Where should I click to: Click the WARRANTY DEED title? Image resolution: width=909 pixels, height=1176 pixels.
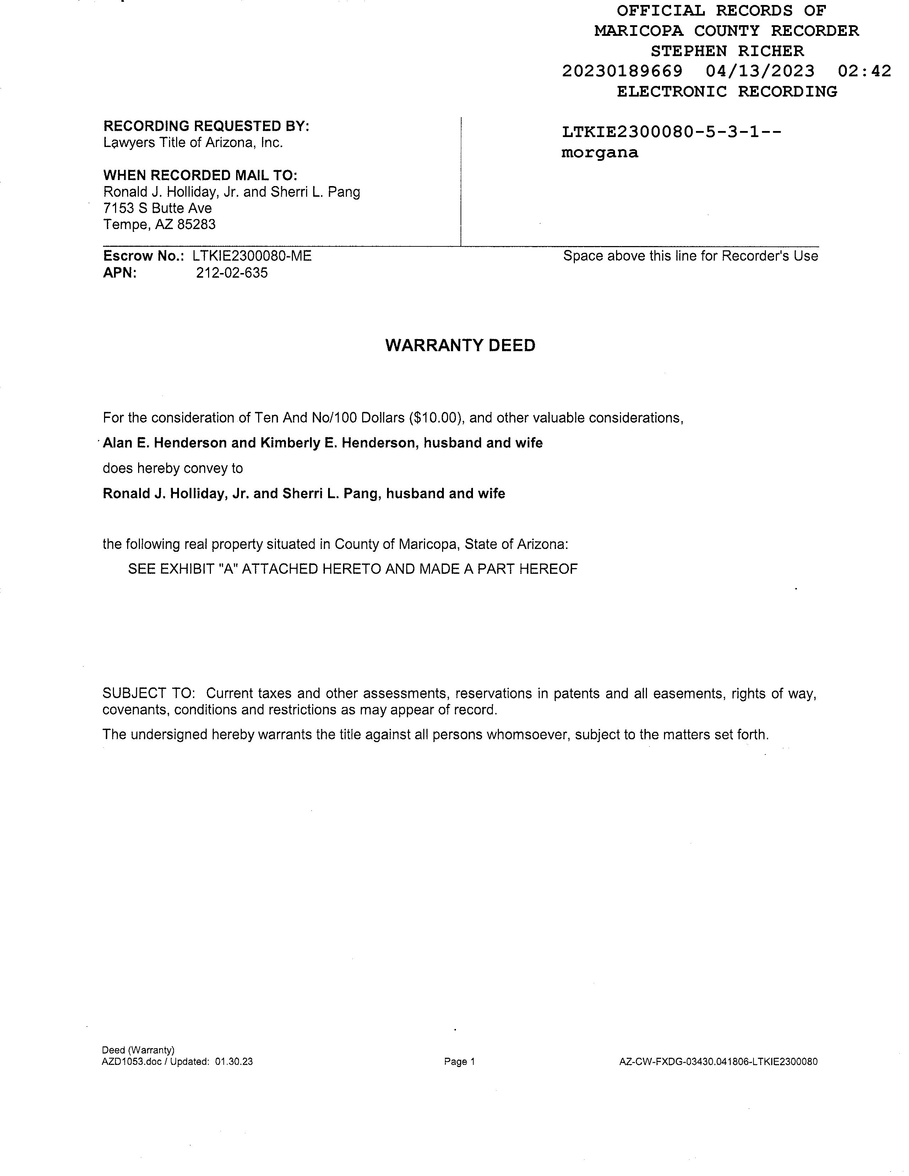tap(461, 345)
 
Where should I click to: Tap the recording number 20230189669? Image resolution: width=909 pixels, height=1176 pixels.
tap(622, 71)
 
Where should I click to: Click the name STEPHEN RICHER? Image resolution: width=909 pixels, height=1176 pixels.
tap(727, 51)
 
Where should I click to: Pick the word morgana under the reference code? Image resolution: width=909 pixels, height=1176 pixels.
tap(599, 153)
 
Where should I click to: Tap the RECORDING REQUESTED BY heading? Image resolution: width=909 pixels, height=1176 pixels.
tap(206, 126)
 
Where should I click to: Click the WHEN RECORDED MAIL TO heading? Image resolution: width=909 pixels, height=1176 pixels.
tap(200, 175)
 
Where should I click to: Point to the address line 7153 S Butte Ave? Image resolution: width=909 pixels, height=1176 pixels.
tap(157, 208)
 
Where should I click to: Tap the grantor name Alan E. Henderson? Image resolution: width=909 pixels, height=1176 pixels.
tap(165, 443)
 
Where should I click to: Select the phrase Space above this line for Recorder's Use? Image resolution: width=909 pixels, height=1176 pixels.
tap(690, 256)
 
